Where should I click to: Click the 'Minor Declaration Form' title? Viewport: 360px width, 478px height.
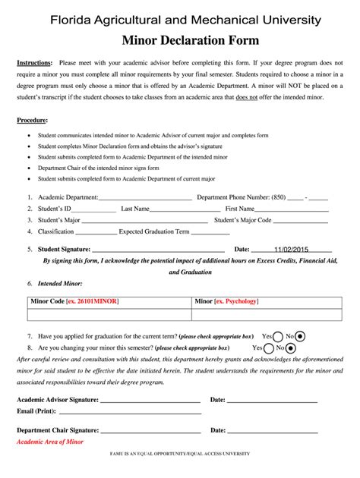(x=180, y=39)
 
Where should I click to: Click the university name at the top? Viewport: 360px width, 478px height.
(x=180, y=19)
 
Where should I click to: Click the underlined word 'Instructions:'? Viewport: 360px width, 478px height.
(x=34, y=63)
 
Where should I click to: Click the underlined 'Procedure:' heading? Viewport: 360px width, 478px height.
(x=32, y=121)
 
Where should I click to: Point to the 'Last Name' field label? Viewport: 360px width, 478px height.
(x=135, y=208)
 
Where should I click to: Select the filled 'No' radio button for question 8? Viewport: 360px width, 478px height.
(x=301, y=347)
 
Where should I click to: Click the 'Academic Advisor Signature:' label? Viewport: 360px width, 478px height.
(x=57, y=399)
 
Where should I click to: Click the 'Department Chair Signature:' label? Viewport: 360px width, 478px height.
(x=58, y=429)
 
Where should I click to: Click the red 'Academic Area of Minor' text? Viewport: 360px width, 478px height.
(x=50, y=441)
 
